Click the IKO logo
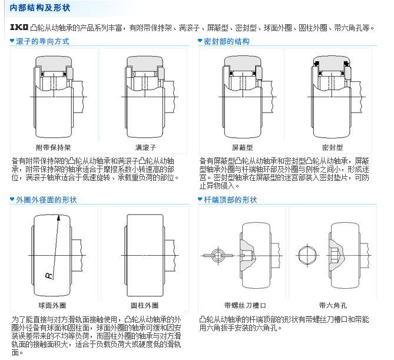point(19,27)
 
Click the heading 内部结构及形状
point(40,8)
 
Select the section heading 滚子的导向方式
point(42,41)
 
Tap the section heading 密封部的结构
point(227,41)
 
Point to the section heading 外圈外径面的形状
point(47,200)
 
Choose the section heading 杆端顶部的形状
point(230,200)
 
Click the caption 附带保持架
point(53,147)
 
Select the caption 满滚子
point(145,147)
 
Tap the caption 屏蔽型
point(242,147)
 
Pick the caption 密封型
point(332,147)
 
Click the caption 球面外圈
point(52,305)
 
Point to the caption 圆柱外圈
point(144,305)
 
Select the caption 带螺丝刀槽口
point(245,305)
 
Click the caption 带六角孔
point(333,305)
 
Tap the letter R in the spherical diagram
point(49,276)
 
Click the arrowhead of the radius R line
point(58,217)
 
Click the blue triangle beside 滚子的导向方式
point(12,41)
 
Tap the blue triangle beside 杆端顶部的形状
point(200,199)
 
